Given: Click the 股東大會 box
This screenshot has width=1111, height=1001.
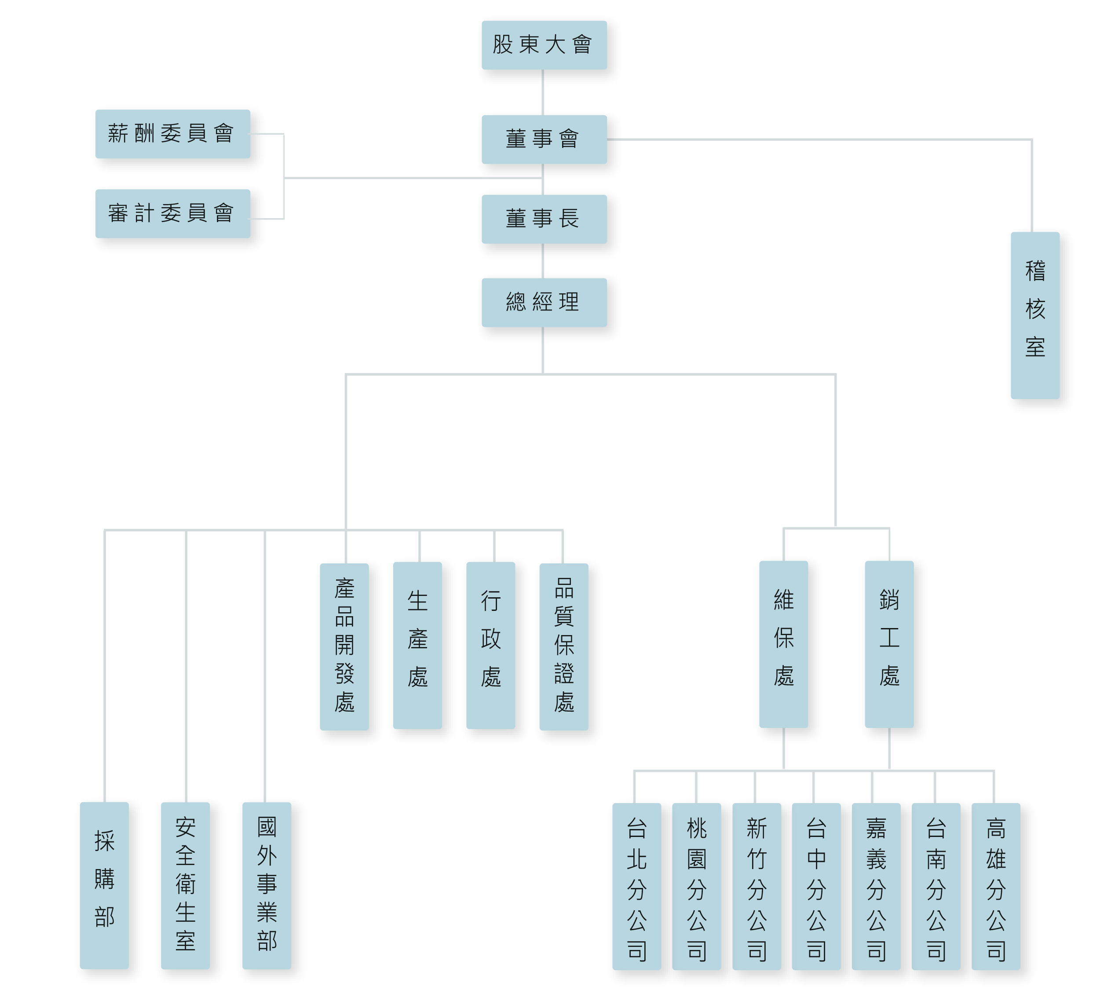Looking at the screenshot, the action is tap(544, 45).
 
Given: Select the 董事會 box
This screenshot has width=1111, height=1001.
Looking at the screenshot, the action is tap(544, 139).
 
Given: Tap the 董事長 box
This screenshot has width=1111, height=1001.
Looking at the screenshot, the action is tap(544, 219).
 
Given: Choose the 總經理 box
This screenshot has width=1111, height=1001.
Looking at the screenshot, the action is tap(544, 303).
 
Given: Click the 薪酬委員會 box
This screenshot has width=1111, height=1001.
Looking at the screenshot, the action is tap(173, 134).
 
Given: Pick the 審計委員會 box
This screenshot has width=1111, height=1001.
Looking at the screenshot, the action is tap(173, 213).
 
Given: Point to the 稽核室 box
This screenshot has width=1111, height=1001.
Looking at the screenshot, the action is tap(1035, 315).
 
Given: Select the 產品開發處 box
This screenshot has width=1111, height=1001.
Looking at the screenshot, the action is tap(344, 646).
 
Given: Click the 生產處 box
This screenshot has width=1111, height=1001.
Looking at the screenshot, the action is tap(417, 645).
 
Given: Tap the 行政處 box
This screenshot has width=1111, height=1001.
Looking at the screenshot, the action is tap(490, 645).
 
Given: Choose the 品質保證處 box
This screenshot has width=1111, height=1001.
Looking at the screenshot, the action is tap(564, 646).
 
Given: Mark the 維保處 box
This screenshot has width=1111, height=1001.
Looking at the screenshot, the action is tap(784, 644).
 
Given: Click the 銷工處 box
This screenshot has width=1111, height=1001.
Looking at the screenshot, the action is tap(889, 644).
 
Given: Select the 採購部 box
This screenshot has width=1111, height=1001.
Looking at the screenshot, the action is tap(105, 885).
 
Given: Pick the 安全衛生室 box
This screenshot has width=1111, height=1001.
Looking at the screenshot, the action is tap(185, 885).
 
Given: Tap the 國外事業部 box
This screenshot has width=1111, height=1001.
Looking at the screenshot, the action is tap(267, 885).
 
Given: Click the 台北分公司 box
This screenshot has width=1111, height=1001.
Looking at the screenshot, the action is tap(637, 887).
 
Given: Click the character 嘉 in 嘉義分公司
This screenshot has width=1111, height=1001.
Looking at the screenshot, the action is tap(876, 828).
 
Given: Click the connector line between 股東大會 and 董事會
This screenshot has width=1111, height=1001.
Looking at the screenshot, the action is tap(543, 92).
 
